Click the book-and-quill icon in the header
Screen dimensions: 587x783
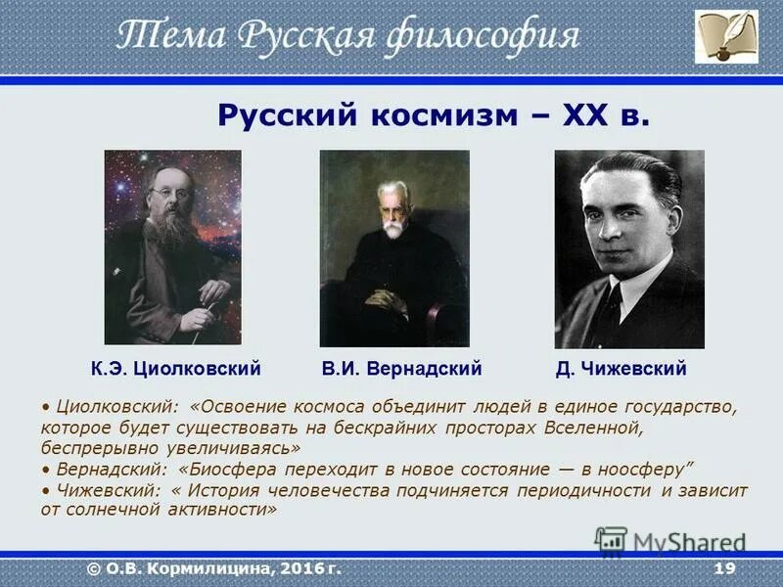(x=726, y=36)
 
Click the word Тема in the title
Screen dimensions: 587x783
(x=161, y=36)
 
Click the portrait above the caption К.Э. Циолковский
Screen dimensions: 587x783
(x=172, y=247)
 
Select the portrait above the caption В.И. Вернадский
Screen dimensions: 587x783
(x=394, y=247)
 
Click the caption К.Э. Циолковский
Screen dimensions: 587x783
(x=175, y=369)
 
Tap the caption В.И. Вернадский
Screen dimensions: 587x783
(x=402, y=369)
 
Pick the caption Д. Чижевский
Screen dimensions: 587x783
(x=621, y=369)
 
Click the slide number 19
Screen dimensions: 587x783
(x=724, y=568)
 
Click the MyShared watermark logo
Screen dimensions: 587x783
(x=670, y=541)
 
